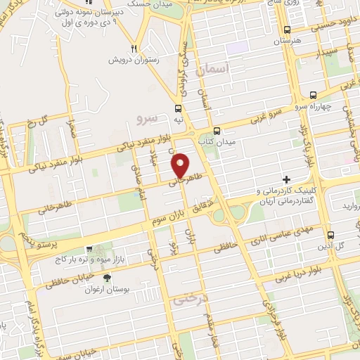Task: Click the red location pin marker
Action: [181, 165]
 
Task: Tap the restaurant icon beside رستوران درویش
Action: [133, 49]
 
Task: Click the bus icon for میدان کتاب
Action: [217, 130]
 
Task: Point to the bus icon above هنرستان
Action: [286, 30]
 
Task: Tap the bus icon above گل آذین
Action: [331, 236]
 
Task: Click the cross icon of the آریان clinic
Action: [285, 181]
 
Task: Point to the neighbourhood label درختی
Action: [186, 299]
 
